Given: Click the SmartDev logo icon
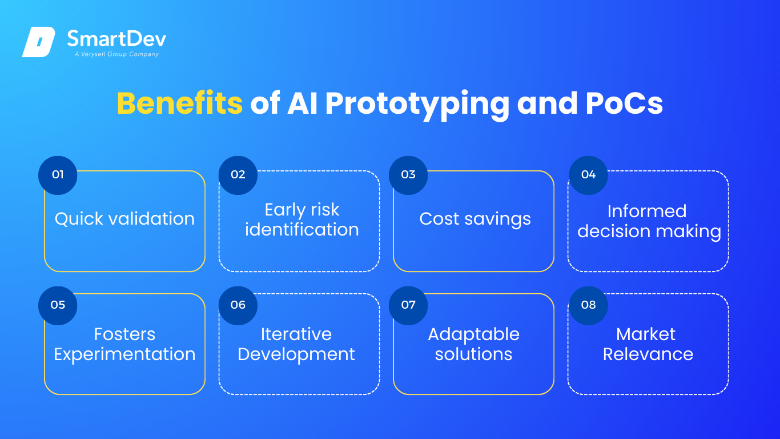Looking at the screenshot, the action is click(39, 42).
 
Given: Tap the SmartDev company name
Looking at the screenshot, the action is click(116, 38).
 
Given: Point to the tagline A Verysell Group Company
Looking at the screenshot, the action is click(116, 54).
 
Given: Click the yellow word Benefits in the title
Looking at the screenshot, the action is click(180, 103).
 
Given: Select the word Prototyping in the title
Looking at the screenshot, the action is click(417, 105).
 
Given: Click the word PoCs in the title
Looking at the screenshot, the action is click(624, 103).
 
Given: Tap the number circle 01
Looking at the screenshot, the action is click(58, 175).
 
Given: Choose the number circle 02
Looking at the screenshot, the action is click(238, 175).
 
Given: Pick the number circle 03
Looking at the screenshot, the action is click(408, 175).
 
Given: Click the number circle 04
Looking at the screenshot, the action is click(589, 175).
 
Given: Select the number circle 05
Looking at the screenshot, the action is click(58, 305).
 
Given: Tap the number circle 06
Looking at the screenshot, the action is click(238, 305).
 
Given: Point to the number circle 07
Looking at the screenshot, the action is click(408, 305).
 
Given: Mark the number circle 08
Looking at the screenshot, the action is click(589, 305).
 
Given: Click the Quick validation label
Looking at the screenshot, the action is click(124, 219).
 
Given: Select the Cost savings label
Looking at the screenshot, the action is click(475, 219).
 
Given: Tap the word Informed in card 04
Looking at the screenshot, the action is click(647, 211).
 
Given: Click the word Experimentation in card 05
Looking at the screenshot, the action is click(124, 355).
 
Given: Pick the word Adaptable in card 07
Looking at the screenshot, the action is click(473, 335).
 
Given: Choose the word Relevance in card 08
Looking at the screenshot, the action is click(648, 354).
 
